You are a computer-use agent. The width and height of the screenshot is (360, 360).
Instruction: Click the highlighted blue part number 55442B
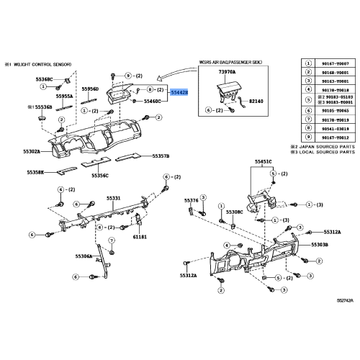tap(179, 92)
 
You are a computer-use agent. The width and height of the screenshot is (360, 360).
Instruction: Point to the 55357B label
tap(160, 155)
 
